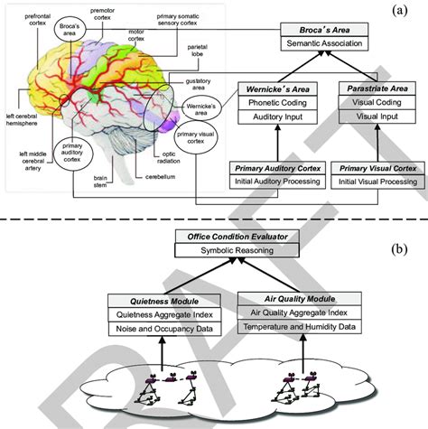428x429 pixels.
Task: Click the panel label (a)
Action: pos(402,14)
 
